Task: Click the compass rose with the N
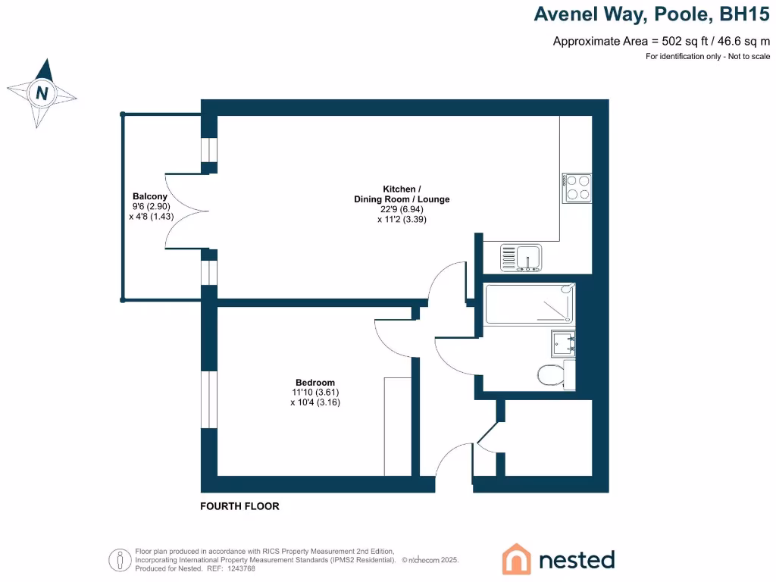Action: click(x=42, y=93)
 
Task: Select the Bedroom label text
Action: click(x=315, y=383)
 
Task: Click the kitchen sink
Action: click(x=521, y=258)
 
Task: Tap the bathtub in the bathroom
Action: click(x=529, y=304)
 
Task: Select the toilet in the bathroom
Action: click(x=552, y=374)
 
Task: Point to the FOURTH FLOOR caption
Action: click(x=239, y=506)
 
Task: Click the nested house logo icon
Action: click(x=517, y=559)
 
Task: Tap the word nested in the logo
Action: click(x=576, y=559)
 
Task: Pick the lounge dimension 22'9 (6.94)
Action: click(x=402, y=210)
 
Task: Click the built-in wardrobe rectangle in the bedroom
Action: click(x=398, y=426)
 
